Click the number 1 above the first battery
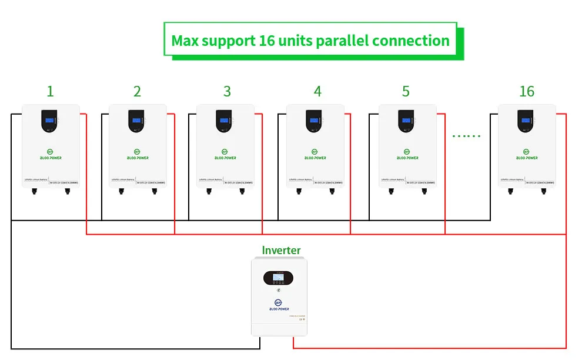(x=50, y=91)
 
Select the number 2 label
(x=137, y=91)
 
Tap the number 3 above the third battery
(x=227, y=91)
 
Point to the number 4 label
(x=317, y=91)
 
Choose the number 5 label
(x=406, y=91)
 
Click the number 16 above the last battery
(x=527, y=91)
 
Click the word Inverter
(x=281, y=250)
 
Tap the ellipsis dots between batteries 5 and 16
(x=466, y=136)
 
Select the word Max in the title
(x=184, y=41)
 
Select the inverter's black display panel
(x=280, y=276)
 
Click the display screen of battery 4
(x=314, y=121)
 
